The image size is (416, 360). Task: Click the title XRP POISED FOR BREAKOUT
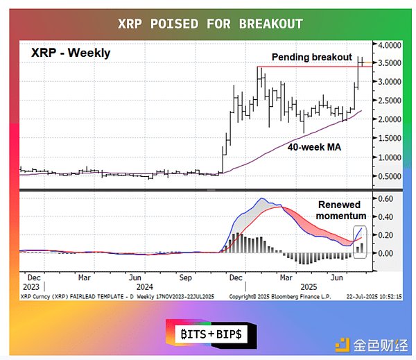click(207, 24)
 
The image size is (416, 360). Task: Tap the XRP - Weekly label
click(70, 53)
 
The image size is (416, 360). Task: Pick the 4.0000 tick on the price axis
click(386, 44)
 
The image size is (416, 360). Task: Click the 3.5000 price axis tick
click(386, 63)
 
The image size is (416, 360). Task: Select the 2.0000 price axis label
click(386, 119)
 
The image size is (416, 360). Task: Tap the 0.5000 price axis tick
click(386, 176)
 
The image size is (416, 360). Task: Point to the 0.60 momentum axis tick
click(383, 199)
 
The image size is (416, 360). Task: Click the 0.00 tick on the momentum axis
click(383, 253)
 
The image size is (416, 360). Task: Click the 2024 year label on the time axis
click(144, 286)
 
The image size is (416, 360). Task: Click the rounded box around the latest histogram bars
click(359, 242)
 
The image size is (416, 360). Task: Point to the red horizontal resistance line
click(305, 67)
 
